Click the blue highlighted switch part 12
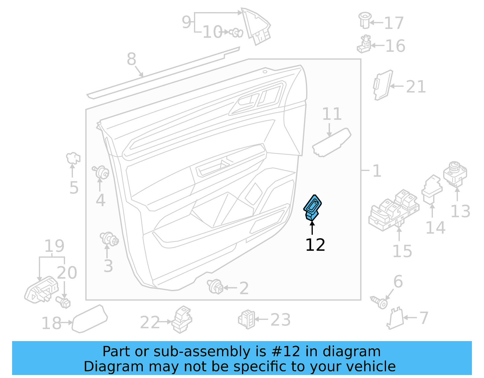pos(312,208)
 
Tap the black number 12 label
pos(315,245)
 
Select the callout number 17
pos(394,23)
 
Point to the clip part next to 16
pos(365,44)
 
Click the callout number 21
pos(416,87)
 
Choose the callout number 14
pos(435,228)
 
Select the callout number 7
pos(423,318)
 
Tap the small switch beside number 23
pos(247,319)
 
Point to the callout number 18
pos(51,323)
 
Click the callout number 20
pos(67,273)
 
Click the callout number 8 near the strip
pos(131,59)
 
